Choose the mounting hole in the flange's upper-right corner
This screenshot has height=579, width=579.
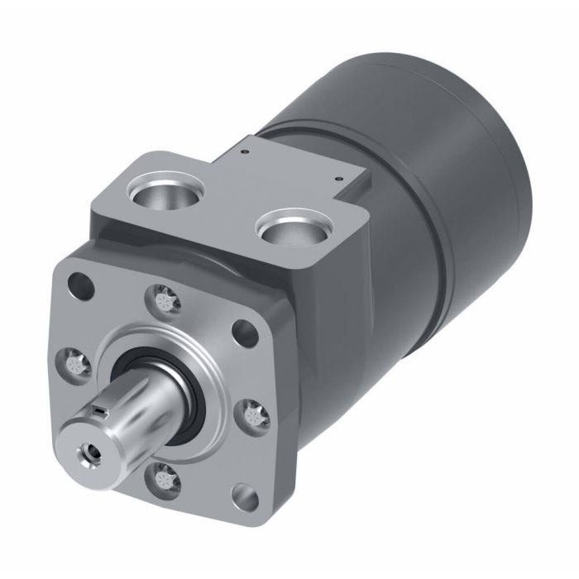[246, 331]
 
